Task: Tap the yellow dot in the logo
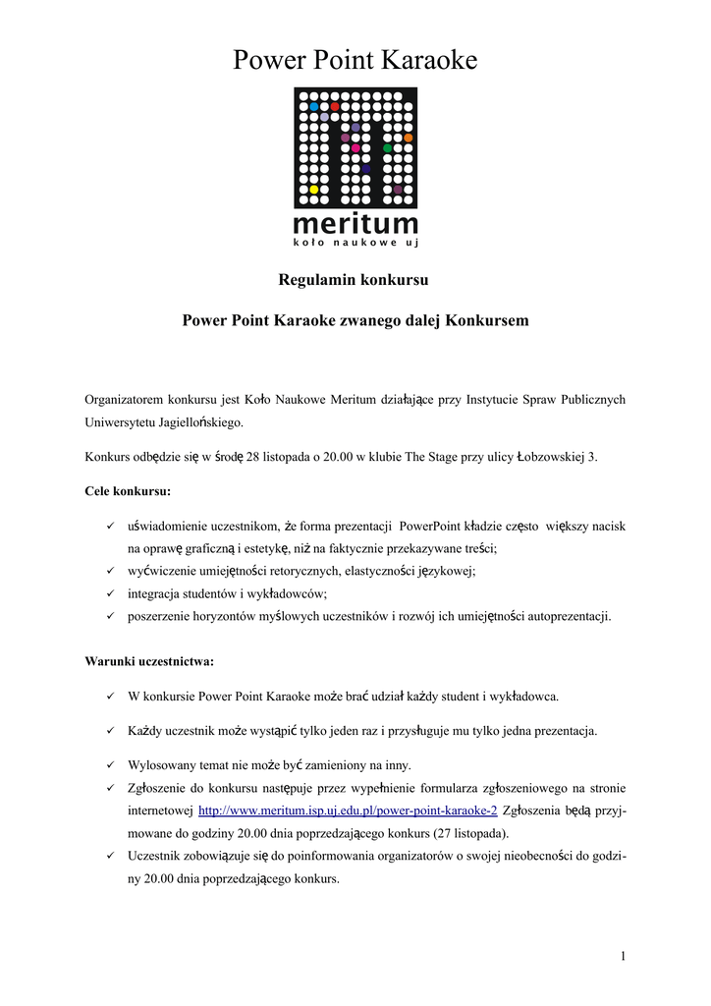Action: tap(313, 190)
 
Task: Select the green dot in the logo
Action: tap(387, 148)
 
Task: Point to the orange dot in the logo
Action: tap(408, 138)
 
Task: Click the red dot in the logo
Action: tap(335, 106)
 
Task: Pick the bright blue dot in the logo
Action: tap(313, 106)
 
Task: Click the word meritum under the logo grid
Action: tap(355, 224)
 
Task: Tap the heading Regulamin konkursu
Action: tap(355, 280)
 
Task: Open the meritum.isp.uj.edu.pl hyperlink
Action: tap(348, 810)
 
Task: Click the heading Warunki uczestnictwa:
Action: tap(148, 661)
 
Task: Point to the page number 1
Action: tap(623, 956)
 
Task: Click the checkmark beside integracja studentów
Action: tap(111, 593)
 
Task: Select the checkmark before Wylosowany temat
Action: tap(111, 764)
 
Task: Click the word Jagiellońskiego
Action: tap(191, 423)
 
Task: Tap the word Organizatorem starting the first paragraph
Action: tap(127, 400)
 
